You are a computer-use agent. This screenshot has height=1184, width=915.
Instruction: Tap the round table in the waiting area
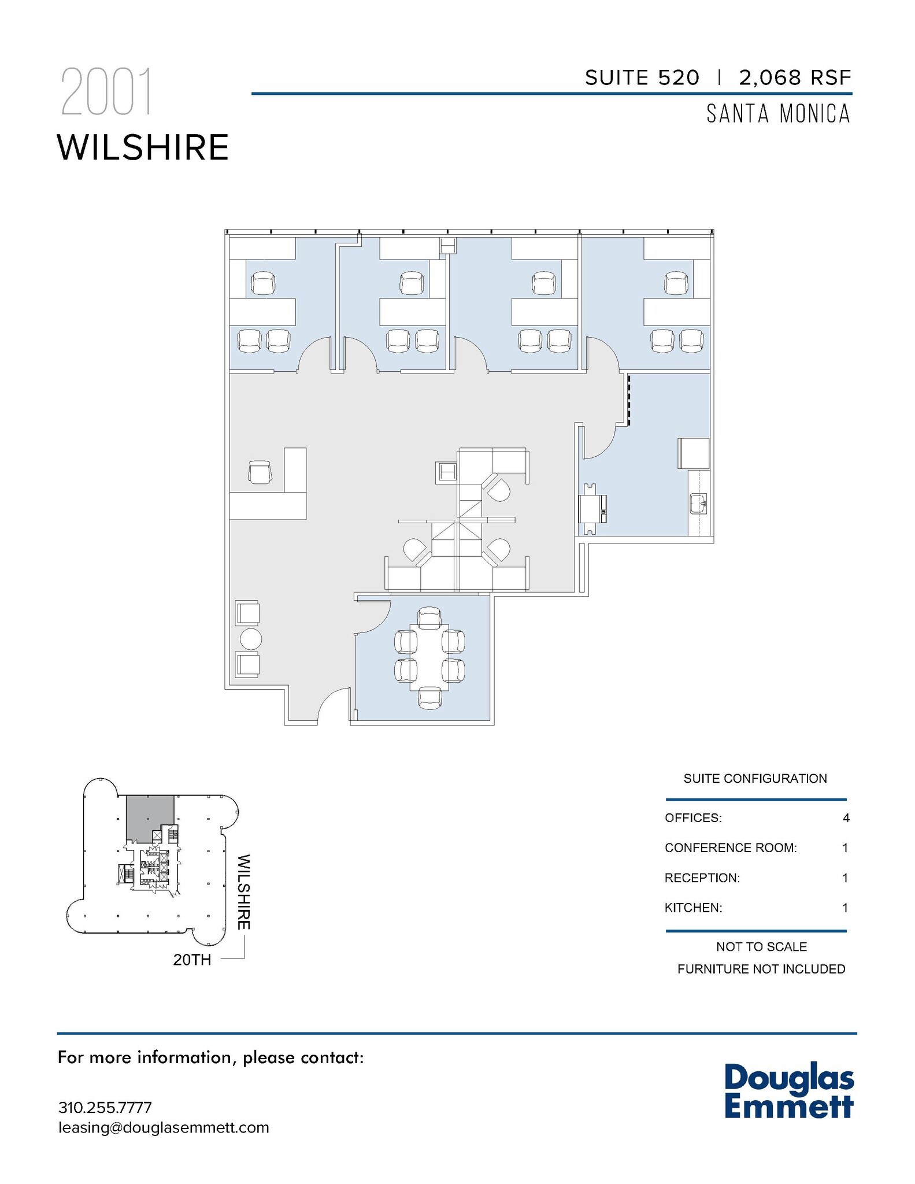(250, 639)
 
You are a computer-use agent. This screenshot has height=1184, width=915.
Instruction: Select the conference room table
(429, 657)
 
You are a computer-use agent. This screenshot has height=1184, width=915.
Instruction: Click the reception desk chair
(260, 472)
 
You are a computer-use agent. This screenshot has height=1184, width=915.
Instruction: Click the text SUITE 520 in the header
(642, 77)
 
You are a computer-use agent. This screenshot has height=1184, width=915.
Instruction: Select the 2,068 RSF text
(795, 77)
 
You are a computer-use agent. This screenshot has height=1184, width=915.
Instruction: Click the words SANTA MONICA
(778, 114)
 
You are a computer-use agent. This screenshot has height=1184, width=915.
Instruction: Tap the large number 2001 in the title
(106, 92)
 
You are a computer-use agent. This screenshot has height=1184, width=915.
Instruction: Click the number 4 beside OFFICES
(846, 818)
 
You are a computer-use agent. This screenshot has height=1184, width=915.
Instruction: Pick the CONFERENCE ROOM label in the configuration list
(731, 848)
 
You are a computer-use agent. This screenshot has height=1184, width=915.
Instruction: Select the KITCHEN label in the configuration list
(693, 908)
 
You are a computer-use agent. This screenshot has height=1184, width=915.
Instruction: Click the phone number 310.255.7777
(105, 1108)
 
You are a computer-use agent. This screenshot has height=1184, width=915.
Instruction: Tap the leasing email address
(164, 1128)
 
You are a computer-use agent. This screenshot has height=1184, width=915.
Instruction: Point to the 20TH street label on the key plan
(192, 960)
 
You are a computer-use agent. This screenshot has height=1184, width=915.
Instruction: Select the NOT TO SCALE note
(761, 947)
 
